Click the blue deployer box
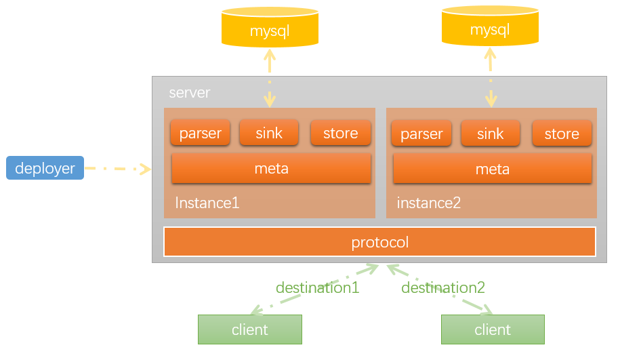[x=45, y=167]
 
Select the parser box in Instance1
[x=200, y=132]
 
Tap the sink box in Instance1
[x=269, y=132]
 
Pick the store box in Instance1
[x=340, y=132]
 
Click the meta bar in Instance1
[x=271, y=169]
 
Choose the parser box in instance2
[x=421, y=134]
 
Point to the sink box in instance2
[x=491, y=134]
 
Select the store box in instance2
[x=562, y=134]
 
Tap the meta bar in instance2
[x=493, y=169]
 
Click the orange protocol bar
[x=379, y=242]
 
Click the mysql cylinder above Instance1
[x=270, y=27]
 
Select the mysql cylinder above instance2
[x=490, y=26]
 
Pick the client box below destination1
[x=250, y=329]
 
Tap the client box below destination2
[x=493, y=329]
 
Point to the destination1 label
[x=318, y=287]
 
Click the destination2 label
[x=443, y=287]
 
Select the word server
[x=190, y=93]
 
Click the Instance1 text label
[x=207, y=203]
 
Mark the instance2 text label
[x=429, y=203]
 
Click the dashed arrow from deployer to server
[x=118, y=169]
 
